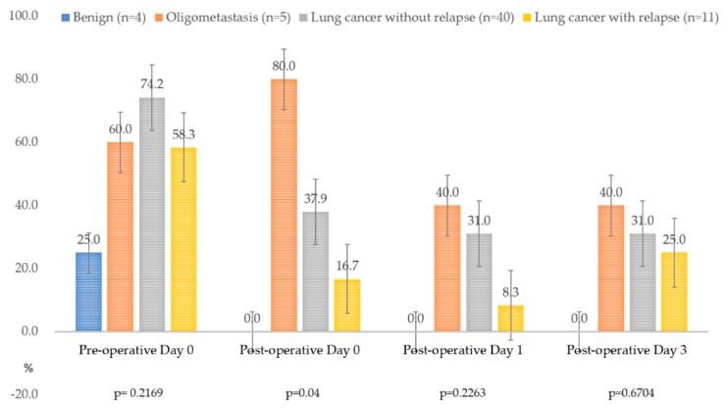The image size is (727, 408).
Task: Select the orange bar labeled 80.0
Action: (x=284, y=205)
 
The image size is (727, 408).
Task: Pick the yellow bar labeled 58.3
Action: (x=183, y=239)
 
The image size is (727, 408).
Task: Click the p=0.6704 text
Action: (x=631, y=394)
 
